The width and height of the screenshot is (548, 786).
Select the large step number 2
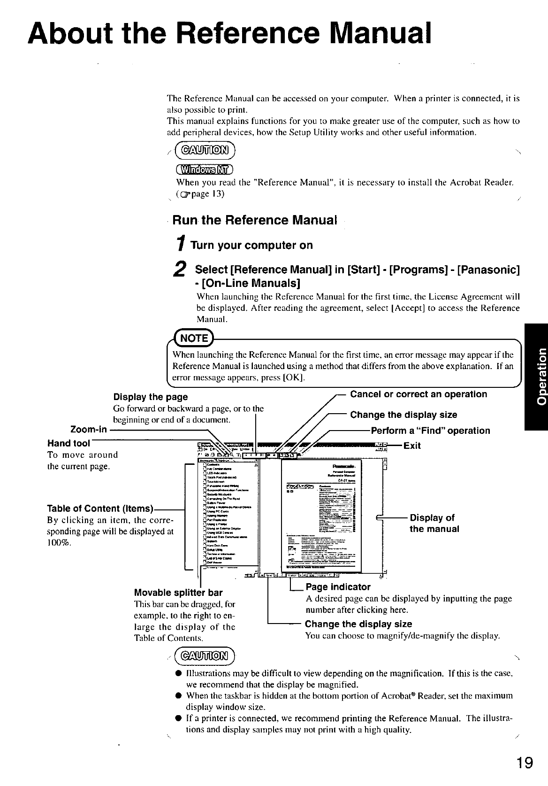(x=178, y=270)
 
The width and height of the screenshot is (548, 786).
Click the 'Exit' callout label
(x=412, y=446)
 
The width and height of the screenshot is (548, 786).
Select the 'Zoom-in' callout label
(x=89, y=429)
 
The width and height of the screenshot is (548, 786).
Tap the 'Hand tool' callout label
(x=68, y=443)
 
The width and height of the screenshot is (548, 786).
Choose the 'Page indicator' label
(x=338, y=587)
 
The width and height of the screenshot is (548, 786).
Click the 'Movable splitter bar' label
(x=178, y=592)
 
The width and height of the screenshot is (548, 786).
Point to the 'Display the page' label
(x=150, y=397)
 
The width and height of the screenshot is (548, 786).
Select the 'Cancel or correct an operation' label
(x=419, y=394)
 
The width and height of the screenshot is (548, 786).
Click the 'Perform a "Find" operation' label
(x=430, y=431)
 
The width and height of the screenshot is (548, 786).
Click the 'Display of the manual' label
(x=434, y=524)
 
